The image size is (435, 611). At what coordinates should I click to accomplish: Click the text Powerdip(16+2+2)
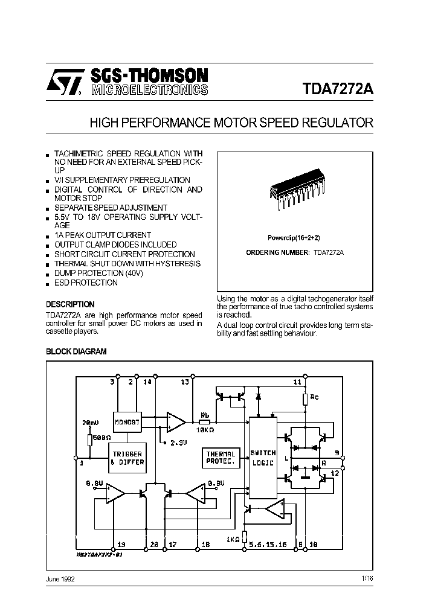[x=295, y=238]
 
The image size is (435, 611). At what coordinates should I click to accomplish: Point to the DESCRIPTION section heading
[x=70, y=305]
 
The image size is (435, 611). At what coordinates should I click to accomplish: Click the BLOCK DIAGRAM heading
[x=76, y=351]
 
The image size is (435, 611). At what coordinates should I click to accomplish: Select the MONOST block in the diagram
[x=127, y=423]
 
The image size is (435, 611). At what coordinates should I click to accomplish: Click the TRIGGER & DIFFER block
[x=127, y=458]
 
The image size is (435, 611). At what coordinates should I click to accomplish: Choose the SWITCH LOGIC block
[x=263, y=457]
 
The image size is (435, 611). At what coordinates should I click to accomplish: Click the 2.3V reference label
[x=177, y=443]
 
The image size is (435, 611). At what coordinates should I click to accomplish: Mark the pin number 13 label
[x=185, y=382]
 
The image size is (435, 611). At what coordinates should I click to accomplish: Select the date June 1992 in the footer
[x=60, y=579]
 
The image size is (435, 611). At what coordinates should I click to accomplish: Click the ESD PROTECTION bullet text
[x=86, y=283]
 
